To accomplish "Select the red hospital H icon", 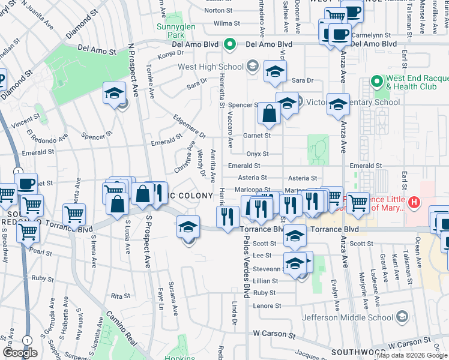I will (x=414, y=203).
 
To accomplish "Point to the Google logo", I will (x=20, y=353).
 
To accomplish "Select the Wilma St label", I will (x=227, y=23).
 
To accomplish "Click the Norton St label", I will (x=218, y=10).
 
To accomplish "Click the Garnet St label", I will (x=257, y=136).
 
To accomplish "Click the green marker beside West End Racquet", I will (x=376, y=81).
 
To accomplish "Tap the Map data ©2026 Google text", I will (x=412, y=355).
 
